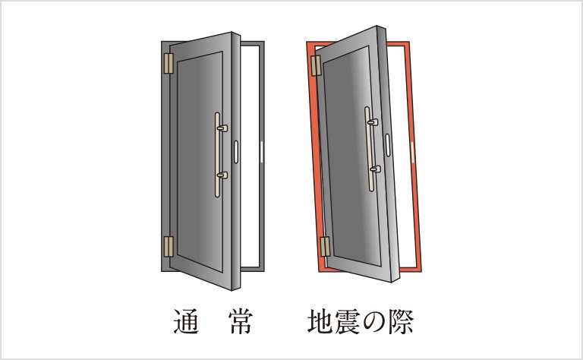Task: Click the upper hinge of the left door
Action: tap(169, 63)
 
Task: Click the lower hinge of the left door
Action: tap(169, 245)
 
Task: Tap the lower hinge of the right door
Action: tap(325, 246)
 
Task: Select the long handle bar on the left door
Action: tap(217, 155)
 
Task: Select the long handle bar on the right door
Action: tap(370, 148)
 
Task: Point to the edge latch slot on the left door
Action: tap(236, 153)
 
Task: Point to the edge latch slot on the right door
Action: tap(389, 145)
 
